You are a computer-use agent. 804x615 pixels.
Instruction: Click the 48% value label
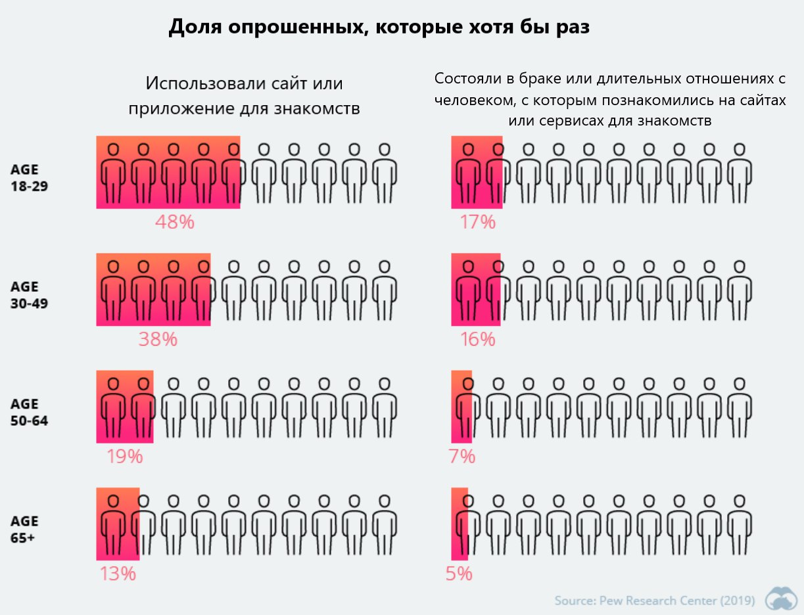click(175, 222)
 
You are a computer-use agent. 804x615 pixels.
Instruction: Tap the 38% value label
click(158, 339)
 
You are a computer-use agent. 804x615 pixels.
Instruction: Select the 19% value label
click(125, 456)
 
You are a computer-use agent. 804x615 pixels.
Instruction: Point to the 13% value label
click(118, 574)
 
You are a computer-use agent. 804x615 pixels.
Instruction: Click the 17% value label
click(477, 222)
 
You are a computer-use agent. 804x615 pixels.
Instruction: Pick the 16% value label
click(477, 339)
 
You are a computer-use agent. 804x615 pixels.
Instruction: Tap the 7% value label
click(462, 456)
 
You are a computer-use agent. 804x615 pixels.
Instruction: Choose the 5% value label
click(459, 574)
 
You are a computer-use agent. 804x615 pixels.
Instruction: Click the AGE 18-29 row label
click(25, 177)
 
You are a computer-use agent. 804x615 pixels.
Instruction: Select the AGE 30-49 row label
click(25, 295)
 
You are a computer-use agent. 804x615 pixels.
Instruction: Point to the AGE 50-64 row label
click(25, 412)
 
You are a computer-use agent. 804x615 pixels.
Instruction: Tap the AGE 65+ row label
click(25, 529)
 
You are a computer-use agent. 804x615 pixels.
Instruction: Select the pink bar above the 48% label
click(168, 172)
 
